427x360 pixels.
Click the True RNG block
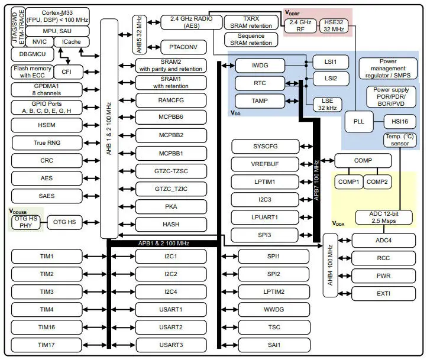[x=47, y=142]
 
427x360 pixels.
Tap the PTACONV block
[x=183, y=46]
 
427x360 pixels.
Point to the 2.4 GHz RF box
[x=300, y=25]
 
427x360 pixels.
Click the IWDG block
[x=260, y=66]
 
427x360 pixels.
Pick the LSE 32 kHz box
[x=327, y=103]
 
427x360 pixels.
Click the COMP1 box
[x=348, y=182]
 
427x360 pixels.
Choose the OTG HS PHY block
[x=26, y=222]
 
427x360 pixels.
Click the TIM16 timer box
[x=47, y=327]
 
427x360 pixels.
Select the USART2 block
[x=170, y=327]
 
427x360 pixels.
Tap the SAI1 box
[x=273, y=345]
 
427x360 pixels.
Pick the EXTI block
[x=383, y=293]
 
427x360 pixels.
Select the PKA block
[x=170, y=207]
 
